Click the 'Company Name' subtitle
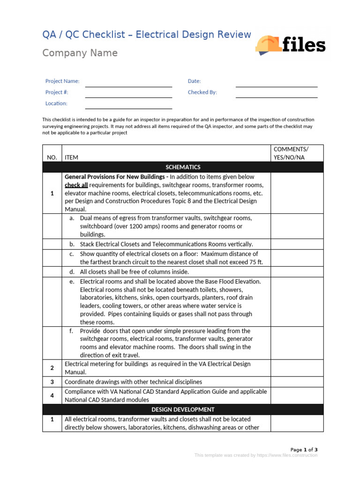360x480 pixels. [x=80, y=53]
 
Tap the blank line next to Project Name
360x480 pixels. [x=128, y=85]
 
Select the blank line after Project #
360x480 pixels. [x=128, y=96]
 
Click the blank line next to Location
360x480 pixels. [x=128, y=107]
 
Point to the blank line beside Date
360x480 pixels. [x=276, y=85]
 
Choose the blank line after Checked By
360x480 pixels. [x=276, y=96]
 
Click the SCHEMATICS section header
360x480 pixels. [x=183, y=167]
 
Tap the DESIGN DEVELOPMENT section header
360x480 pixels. [x=183, y=410]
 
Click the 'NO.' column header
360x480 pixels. [x=52, y=157]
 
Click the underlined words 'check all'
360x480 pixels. [x=76, y=185]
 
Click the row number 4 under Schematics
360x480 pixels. [x=52, y=396]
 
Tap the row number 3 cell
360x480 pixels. [x=52, y=382]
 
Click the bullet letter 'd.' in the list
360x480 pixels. [x=72, y=272]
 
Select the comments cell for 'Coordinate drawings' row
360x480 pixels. [x=296, y=382]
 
